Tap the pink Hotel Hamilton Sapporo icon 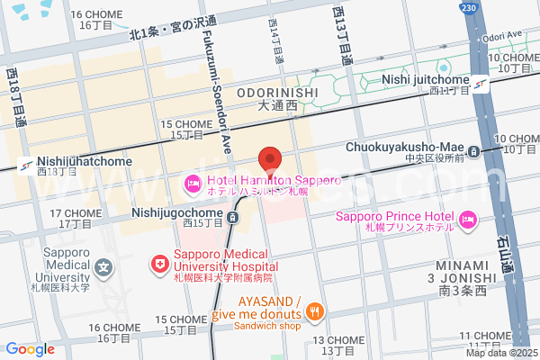pyautogui.click(x=192, y=185)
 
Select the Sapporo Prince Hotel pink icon pyautogui.click(x=467, y=219)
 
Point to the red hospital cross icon pyautogui.click(x=159, y=264)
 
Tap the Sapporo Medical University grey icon pyautogui.click(x=104, y=267)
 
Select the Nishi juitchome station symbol pyautogui.click(x=481, y=84)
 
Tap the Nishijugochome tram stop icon pyautogui.click(x=233, y=217)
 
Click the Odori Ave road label pyautogui.click(x=502, y=36)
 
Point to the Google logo pyautogui.click(x=30, y=349)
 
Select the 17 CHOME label pyautogui.click(x=77, y=213)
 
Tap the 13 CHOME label pyautogui.click(x=339, y=340)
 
